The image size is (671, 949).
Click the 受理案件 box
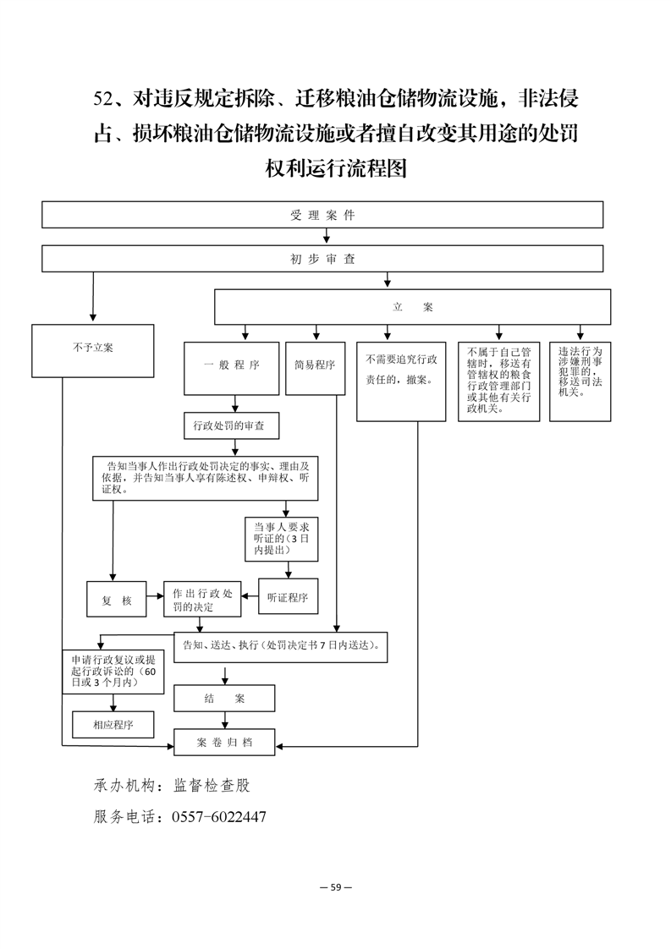[322, 215]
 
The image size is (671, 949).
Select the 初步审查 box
[322, 259]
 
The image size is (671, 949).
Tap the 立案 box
[412, 307]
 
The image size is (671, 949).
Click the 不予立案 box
[93, 351]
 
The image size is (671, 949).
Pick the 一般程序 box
[231, 369]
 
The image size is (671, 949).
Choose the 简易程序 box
[315, 369]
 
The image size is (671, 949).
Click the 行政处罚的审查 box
[232, 425]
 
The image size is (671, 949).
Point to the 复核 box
[116, 599]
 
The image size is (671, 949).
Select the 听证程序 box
[289, 597]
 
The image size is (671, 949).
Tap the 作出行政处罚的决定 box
[202, 599]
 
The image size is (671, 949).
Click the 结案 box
[224, 699]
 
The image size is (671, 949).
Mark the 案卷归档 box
[224, 742]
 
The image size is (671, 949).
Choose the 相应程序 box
[113, 725]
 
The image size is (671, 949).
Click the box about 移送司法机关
[580, 382]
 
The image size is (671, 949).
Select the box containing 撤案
[401, 382]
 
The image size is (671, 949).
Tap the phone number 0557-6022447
[219, 816]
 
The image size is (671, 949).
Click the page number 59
[336, 887]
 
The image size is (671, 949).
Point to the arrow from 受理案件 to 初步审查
[327, 237]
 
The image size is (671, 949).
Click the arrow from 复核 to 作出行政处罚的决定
[155, 596]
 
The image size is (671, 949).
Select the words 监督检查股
[212, 786]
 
